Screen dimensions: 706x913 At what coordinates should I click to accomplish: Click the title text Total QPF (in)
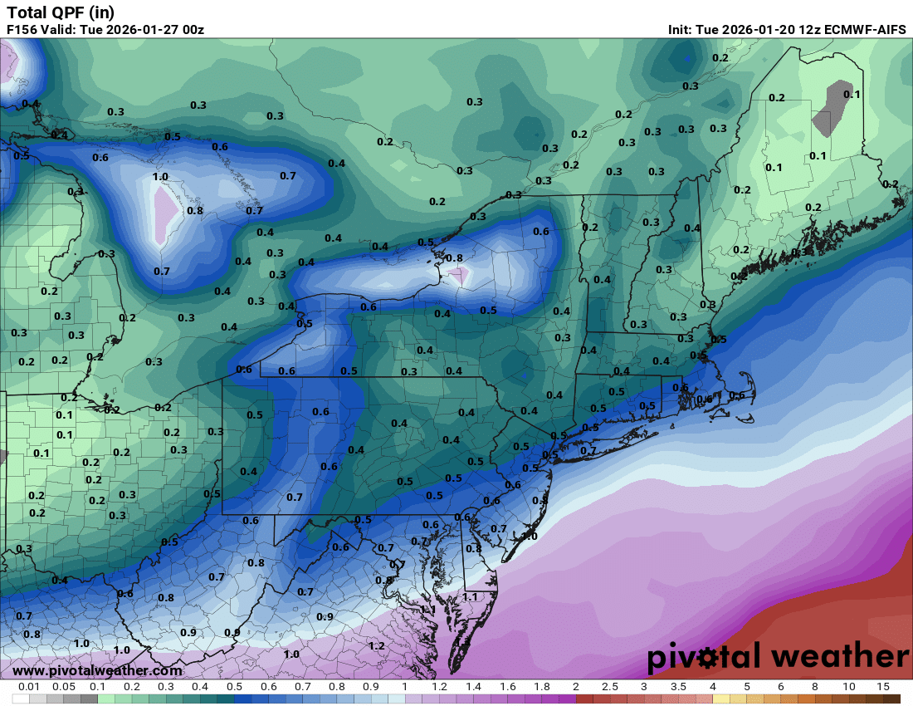click(x=61, y=12)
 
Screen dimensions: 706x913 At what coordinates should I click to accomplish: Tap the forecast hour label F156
click(x=23, y=30)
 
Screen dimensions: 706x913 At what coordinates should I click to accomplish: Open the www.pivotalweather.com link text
click(x=98, y=670)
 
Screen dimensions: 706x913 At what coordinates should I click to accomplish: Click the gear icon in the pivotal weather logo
click(x=707, y=658)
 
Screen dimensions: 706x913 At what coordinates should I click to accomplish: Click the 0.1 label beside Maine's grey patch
click(x=852, y=94)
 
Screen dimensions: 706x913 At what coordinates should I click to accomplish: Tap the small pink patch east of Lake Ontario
click(x=460, y=274)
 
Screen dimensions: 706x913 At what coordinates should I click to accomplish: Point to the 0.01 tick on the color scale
click(x=30, y=687)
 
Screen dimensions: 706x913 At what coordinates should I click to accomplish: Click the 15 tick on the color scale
click(x=883, y=687)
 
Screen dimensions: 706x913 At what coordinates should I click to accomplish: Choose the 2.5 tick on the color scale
click(x=610, y=687)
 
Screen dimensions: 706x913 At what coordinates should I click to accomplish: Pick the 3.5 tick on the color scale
click(x=678, y=687)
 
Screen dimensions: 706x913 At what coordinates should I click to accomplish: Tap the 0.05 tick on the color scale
click(x=64, y=687)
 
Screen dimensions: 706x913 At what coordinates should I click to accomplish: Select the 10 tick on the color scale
click(x=849, y=687)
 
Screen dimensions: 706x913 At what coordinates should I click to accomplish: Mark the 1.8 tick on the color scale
click(x=541, y=687)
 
